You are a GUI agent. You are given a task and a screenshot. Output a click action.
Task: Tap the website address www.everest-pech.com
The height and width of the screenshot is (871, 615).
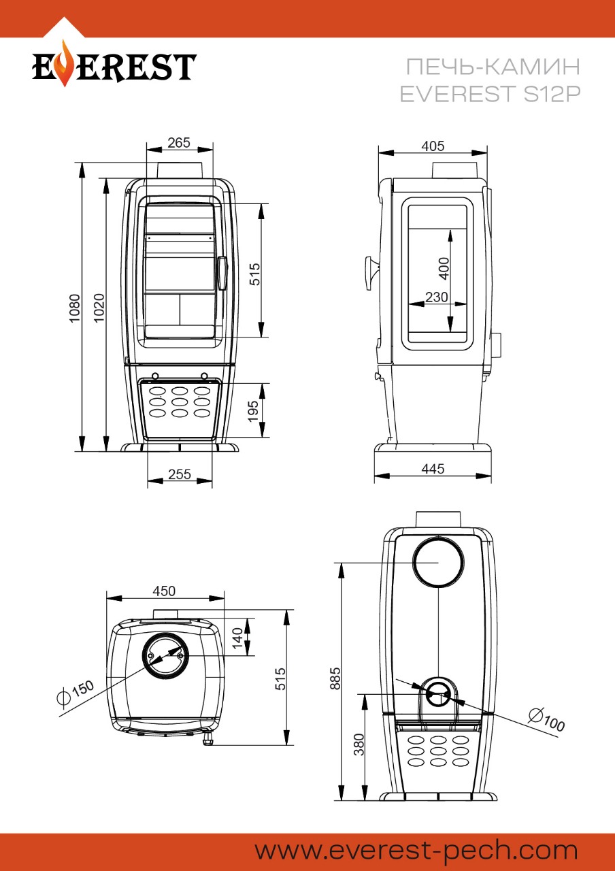click(x=416, y=851)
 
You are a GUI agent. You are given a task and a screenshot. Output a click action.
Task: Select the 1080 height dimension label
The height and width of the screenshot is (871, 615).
click(x=74, y=307)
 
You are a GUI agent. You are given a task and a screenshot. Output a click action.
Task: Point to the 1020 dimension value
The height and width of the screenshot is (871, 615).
click(x=99, y=307)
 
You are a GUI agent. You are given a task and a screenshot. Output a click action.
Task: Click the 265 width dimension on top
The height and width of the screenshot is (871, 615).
click(x=179, y=143)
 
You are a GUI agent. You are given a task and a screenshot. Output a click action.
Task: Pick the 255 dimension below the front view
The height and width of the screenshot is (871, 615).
click(x=179, y=475)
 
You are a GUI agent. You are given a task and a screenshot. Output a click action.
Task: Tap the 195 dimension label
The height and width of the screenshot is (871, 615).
click(x=253, y=411)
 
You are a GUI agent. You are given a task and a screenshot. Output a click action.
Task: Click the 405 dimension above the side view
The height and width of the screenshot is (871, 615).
click(x=433, y=146)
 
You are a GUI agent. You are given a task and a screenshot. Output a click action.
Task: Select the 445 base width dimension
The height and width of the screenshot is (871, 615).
click(x=433, y=468)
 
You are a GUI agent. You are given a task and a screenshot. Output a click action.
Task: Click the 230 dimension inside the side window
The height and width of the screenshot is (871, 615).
click(x=436, y=297)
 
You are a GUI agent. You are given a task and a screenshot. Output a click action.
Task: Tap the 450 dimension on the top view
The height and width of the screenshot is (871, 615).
click(x=164, y=591)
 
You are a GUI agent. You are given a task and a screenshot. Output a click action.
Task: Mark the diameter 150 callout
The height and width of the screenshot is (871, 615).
click(x=77, y=693)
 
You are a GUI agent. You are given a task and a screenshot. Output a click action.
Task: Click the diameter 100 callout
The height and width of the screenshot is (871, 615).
click(x=547, y=720)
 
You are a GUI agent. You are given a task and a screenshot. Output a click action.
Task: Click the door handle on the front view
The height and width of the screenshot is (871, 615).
click(x=222, y=273)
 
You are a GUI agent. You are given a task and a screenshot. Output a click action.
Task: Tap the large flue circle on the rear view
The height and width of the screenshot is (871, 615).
click(x=439, y=562)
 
